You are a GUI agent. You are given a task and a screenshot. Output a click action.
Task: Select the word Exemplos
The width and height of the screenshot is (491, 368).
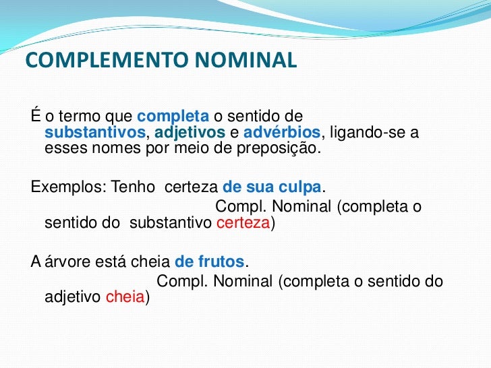pos(63,187)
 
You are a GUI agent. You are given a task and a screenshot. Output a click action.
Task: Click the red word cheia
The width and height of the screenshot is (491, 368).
pos(125,299)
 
